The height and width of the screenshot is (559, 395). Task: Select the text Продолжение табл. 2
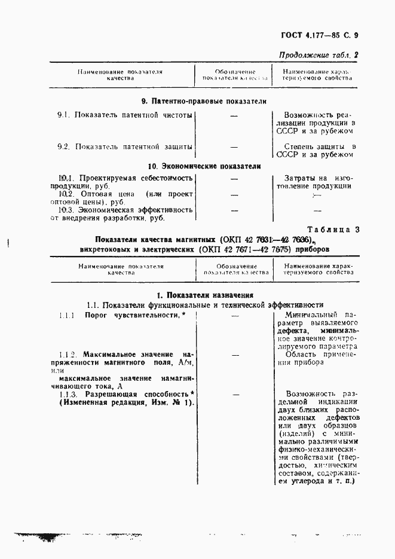319,55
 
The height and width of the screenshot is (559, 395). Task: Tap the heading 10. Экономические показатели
204,166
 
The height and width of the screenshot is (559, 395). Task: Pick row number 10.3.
66,210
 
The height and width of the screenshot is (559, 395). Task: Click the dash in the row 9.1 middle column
234,114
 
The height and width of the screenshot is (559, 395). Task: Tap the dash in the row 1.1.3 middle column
234,395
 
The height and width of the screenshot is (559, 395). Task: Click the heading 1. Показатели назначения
204,295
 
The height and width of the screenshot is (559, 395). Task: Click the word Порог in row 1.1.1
95,314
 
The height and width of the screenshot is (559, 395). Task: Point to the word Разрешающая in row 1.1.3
110,395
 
